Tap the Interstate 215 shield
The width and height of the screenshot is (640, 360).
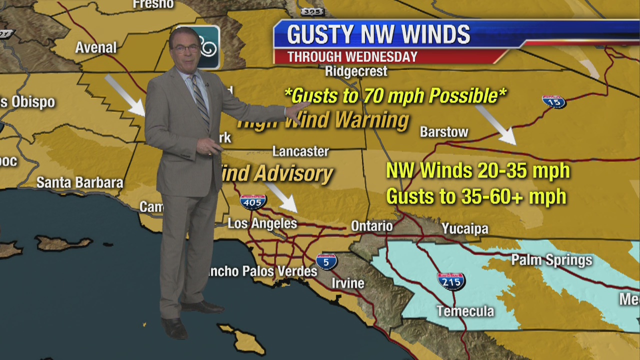(451, 281)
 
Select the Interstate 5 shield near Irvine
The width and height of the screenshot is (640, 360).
(326, 261)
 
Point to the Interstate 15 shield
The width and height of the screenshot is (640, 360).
(553, 101)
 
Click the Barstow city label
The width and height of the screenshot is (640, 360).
(444, 132)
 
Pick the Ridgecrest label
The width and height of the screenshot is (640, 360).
(356, 71)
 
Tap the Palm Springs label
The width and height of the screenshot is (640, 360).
(551, 260)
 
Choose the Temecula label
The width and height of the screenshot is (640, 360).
(465, 311)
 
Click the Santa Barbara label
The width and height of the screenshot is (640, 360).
(79, 182)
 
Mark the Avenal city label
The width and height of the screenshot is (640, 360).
(96, 48)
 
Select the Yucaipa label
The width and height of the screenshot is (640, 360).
(465, 228)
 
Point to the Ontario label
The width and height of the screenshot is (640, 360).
(371, 226)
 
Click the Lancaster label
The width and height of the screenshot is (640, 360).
(300, 151)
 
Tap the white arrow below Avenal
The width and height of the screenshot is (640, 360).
(125, 95)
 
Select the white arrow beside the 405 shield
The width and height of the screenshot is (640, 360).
(281, 196)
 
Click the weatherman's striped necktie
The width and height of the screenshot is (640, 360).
(201, 99)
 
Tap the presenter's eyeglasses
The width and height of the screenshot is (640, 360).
(185, 48)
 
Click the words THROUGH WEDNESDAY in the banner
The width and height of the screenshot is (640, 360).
(352, 56)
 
